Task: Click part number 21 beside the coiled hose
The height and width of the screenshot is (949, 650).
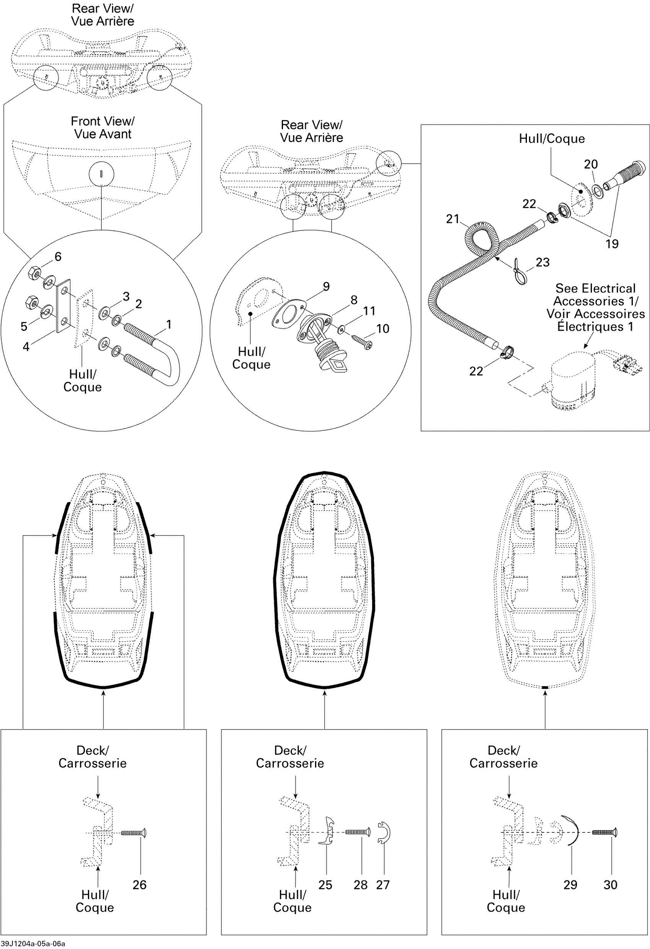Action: coord(452,219)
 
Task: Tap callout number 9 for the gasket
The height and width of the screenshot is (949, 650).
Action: coord(326,286)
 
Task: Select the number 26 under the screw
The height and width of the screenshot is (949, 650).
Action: coord(139,884)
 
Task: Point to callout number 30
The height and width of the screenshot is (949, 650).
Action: coord(610,884)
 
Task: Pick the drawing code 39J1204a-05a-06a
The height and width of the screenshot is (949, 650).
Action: coord(32,943)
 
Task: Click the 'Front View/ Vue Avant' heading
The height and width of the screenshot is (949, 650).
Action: coord(102,127)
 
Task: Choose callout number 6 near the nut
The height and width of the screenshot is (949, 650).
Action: coord(58,256)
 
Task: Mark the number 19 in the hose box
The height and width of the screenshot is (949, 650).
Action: coord(612,244)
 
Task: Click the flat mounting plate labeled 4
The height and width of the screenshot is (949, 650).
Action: coord(64,306)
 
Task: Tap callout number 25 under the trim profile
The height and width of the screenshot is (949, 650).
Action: coord(325,884)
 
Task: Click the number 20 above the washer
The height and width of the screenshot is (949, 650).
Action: coord(591,164)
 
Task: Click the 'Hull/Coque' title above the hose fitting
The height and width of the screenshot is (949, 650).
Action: coord(551,139)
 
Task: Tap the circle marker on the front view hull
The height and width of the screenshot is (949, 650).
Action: coord(101,174)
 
